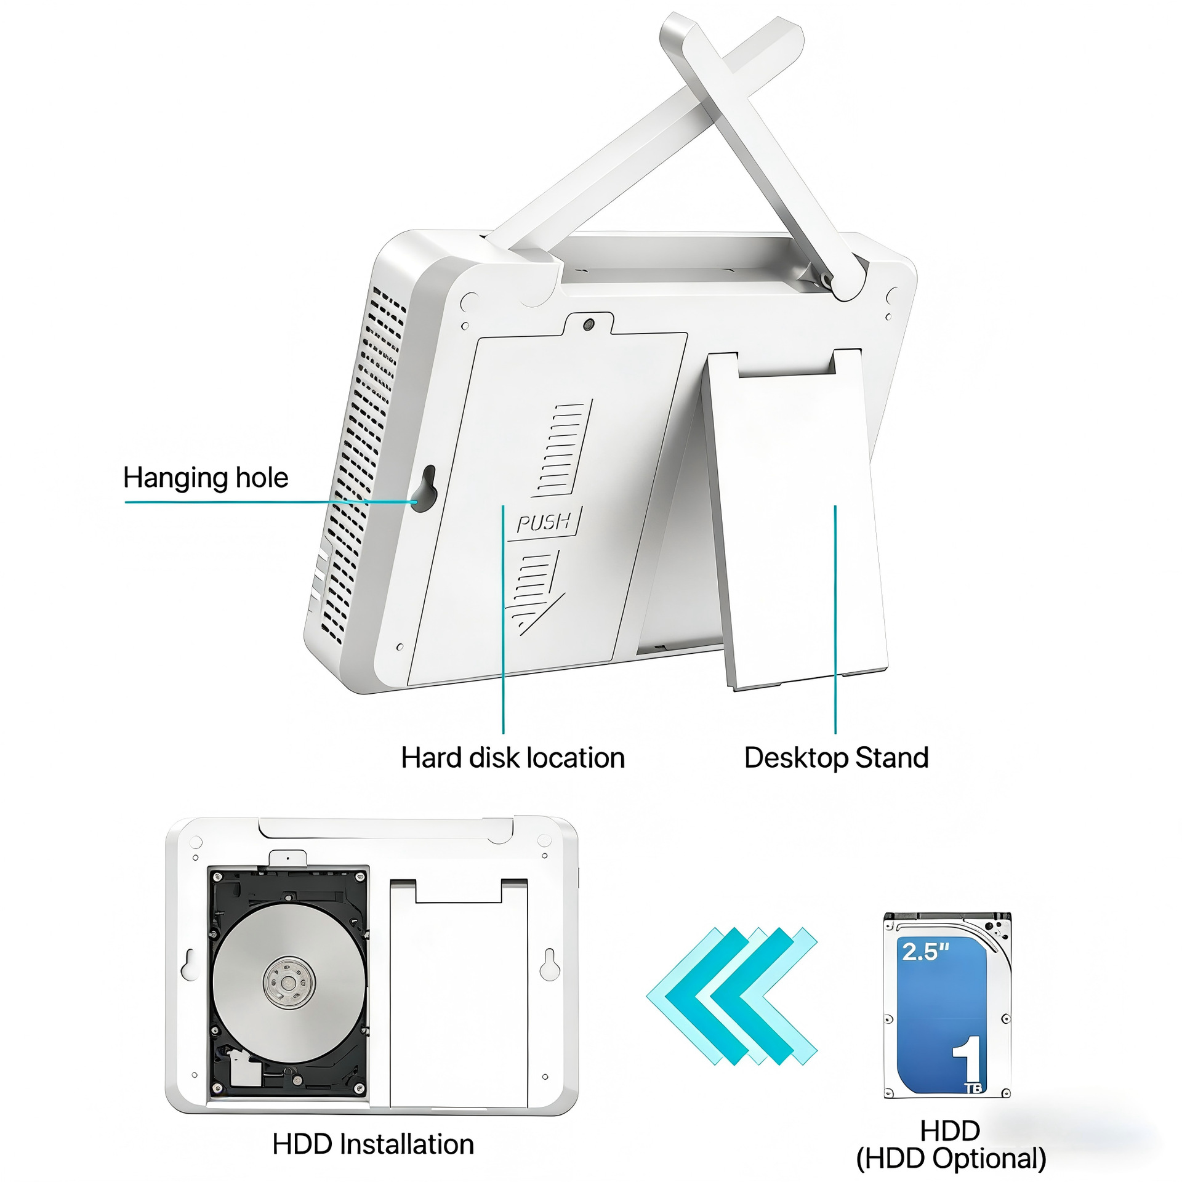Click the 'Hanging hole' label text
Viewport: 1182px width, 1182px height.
coord(206,478)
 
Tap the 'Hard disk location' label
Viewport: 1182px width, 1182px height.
coord(513,757)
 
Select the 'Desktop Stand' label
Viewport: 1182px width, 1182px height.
coord(836,758)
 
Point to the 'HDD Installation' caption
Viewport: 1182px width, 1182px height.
coord(373,1144)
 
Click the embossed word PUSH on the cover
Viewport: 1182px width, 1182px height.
coord(544,522)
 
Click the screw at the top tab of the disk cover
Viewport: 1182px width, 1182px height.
coord(589,323)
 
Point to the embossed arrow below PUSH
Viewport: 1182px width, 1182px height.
coord(534,593)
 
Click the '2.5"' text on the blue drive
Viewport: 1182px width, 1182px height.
coord(925,951)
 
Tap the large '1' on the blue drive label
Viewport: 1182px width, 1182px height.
coord(968,1058)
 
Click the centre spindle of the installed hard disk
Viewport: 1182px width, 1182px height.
coord(289,982)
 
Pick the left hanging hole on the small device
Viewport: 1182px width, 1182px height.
coord(190,964)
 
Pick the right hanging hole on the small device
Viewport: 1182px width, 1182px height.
coord(549,964)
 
